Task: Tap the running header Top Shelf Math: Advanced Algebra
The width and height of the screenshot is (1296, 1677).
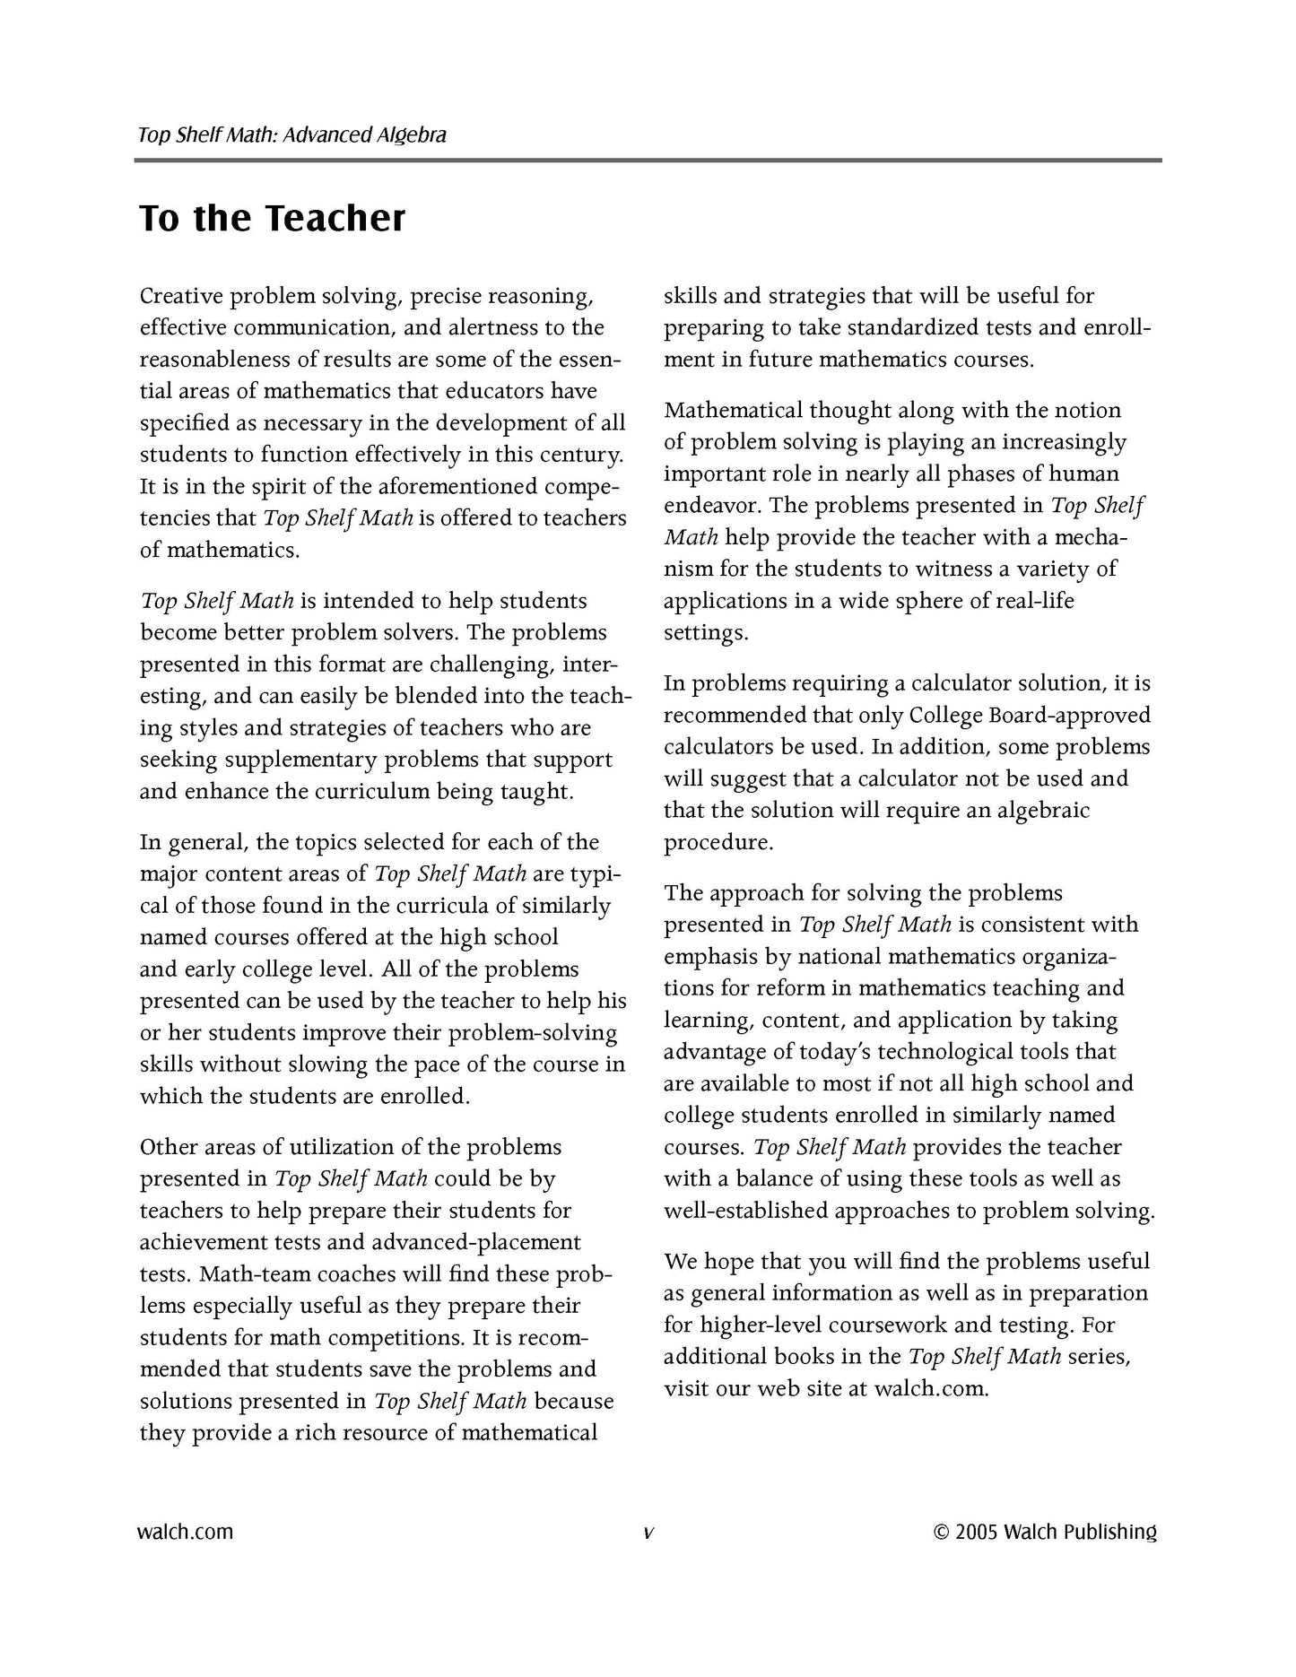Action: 292,135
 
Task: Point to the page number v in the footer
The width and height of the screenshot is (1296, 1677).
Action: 648,1533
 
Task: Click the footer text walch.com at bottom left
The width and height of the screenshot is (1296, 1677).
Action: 186,1532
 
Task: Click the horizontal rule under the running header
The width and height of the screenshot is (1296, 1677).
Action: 648,161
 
